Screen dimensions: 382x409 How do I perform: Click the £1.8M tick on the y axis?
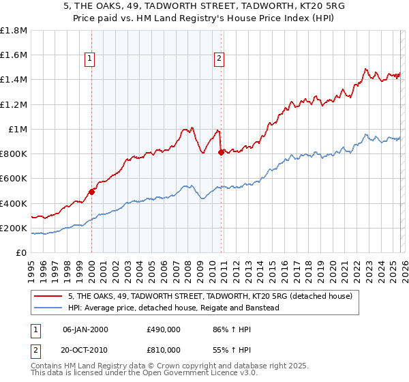point(14,30)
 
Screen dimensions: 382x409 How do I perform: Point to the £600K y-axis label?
point(14,179)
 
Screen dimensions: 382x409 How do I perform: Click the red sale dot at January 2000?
point(92,192)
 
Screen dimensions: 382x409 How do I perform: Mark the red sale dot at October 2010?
point(221,152)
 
